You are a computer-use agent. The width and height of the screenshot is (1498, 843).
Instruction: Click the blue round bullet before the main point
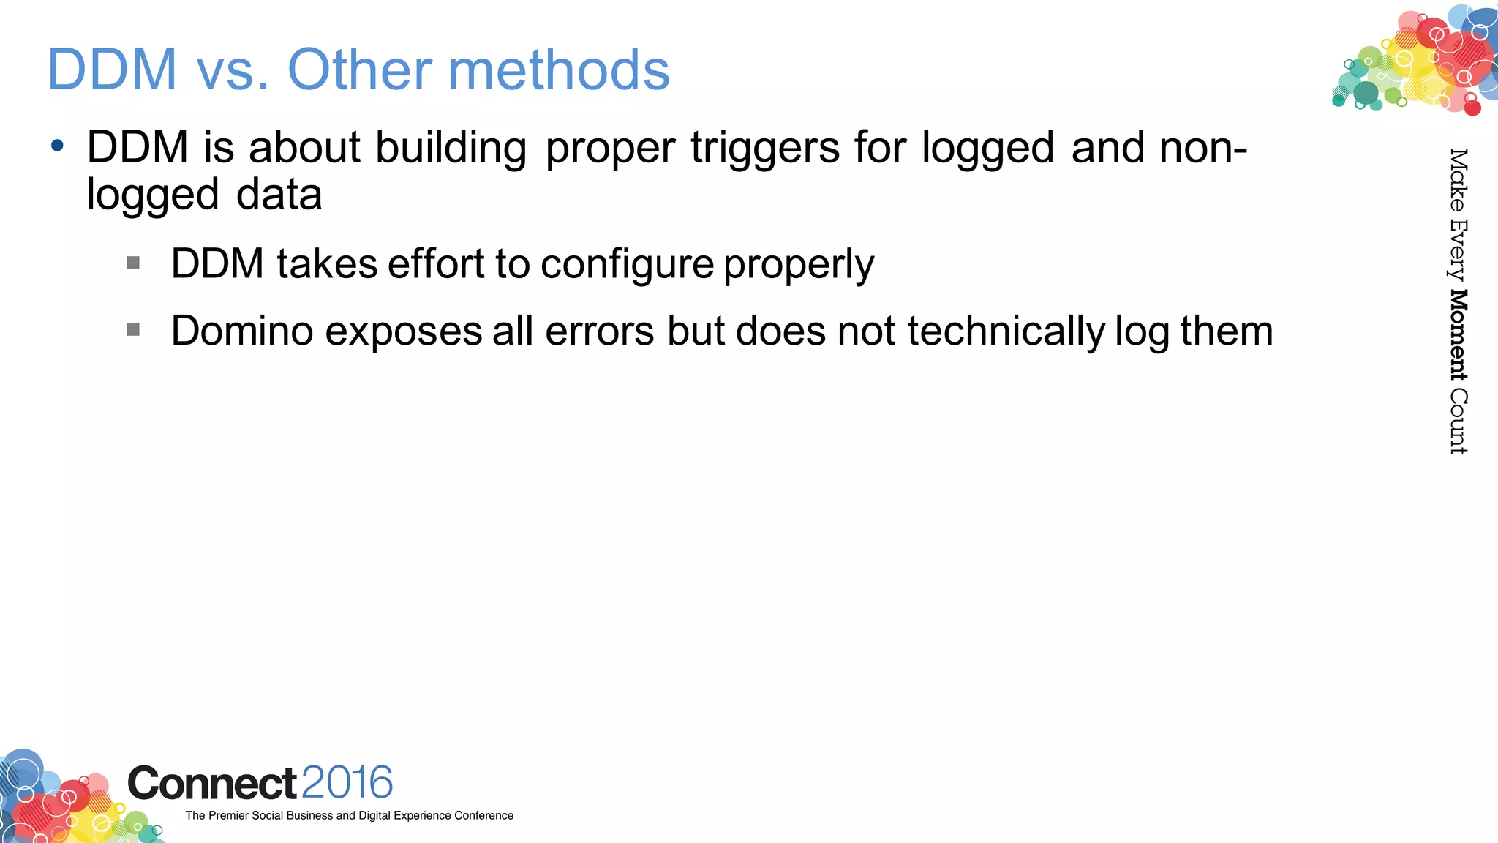58,145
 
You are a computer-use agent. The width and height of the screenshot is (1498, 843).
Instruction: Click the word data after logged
279,195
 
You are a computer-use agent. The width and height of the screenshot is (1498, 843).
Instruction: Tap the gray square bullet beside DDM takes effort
133,263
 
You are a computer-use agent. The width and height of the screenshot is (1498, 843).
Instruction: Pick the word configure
627,264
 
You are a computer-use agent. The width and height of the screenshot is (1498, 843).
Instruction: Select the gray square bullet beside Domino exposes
133,330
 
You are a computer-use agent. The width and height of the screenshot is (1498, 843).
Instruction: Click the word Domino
242,331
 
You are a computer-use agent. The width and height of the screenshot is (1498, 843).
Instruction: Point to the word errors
599,331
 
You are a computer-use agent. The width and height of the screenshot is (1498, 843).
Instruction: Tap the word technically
1006,331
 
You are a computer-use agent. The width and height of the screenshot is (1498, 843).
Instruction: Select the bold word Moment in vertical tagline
1459,334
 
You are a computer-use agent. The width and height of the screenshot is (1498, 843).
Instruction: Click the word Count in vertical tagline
1459,421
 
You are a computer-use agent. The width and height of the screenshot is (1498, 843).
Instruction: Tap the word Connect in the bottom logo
212,784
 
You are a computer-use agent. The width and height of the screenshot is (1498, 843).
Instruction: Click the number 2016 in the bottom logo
347,782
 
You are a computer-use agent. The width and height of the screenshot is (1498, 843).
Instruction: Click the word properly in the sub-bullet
799,264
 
